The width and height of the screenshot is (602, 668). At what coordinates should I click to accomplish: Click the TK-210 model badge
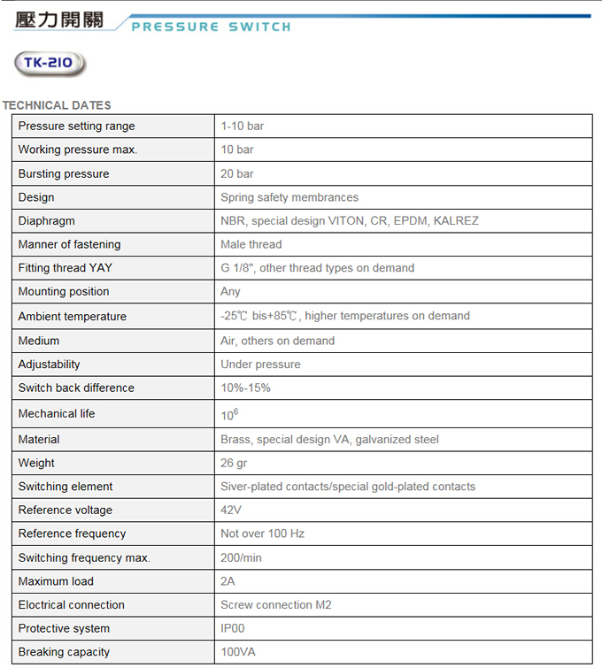(x=50, y=63)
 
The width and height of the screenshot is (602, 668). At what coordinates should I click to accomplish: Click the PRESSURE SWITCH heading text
(x=211, y=27)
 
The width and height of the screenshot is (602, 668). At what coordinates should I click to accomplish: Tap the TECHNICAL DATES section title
(x=57, y=105)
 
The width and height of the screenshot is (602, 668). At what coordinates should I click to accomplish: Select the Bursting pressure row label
(x=64, y=173)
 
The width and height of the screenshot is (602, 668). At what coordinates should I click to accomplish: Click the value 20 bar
(x=237, y=173)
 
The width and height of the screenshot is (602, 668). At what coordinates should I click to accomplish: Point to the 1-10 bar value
(x=243, y=126)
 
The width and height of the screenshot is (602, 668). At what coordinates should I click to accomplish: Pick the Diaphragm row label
(x=46, y=220)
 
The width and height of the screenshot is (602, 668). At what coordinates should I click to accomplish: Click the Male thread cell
(x=251, y=244)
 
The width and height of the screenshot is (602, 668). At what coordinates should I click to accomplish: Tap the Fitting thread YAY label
(x=66, y=267)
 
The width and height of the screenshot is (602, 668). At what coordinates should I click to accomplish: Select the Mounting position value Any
(x=230, y=291)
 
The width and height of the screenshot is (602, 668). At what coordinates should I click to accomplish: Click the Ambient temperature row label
(x=73, y=316)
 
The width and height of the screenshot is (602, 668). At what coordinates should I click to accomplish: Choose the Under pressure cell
(x=260, y=364)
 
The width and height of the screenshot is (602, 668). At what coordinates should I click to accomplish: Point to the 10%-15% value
(x=246, y=388)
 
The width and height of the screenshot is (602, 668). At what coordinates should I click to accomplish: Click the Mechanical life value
(x=229, y=414)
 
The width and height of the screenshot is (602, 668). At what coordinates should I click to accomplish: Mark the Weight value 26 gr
(x=235, y=463)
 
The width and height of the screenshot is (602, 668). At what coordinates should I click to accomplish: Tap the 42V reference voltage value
(x=231, y=510)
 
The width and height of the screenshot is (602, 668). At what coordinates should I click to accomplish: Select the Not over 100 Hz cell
(x=262, y=534)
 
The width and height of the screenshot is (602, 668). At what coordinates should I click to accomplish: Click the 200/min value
(x=242, y=557)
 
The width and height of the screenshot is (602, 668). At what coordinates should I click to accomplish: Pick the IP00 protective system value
(x=233, y=628)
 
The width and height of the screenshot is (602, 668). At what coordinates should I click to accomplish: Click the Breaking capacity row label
(x=64, y=652)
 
